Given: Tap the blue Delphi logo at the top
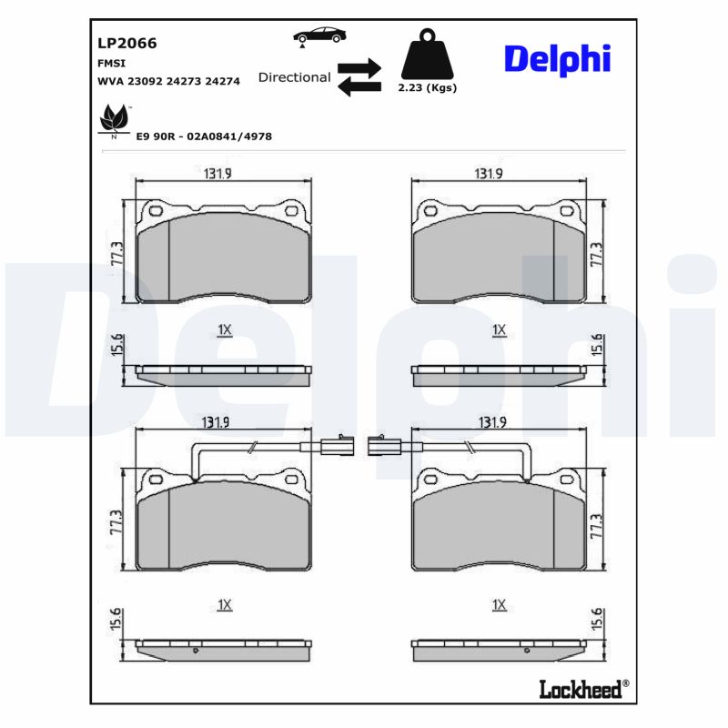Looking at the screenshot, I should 557,59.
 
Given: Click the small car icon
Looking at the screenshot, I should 318,35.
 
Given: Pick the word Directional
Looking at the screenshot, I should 294,77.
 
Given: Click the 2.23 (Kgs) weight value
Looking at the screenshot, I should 427,88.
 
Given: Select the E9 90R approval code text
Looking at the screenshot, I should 204,136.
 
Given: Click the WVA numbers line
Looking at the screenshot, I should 168,81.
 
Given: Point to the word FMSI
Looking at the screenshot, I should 111,63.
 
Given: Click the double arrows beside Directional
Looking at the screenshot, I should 358,77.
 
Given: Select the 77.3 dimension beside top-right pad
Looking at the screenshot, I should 597,254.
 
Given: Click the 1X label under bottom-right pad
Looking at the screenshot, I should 498,604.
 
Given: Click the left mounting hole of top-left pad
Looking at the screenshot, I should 152,212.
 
